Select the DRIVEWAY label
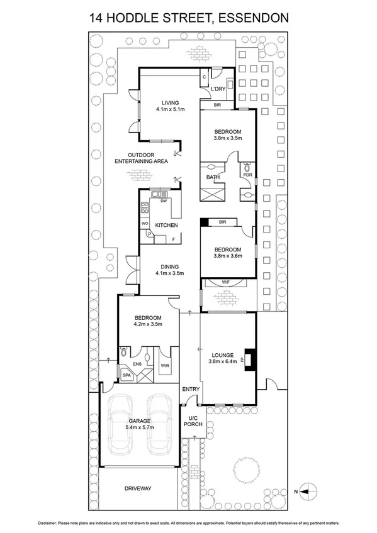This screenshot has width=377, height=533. click(138, 488)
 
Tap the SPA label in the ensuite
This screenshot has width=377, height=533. click(126, 375)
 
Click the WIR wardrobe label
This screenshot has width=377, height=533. click(165, 365)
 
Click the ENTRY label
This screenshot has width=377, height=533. click(191, 389)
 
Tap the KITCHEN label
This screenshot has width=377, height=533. click(167, 225)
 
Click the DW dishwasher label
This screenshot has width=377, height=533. click(164, 201)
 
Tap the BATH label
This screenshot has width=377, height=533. click(213, 178)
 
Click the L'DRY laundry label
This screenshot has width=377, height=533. click(218, 89)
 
